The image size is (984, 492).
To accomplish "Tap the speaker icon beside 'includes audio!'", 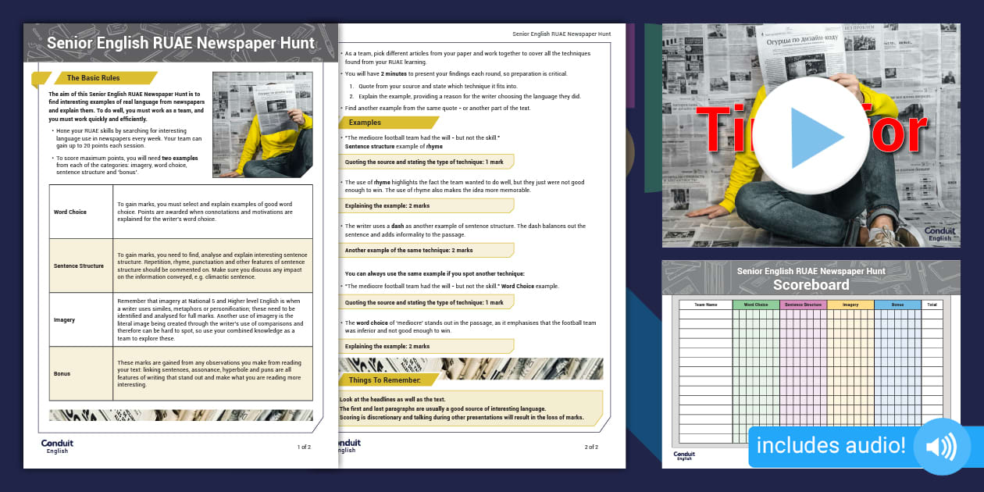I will (941, 447).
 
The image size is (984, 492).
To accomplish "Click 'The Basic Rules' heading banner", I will (93, 78).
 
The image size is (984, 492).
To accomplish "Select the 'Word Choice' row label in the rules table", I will (70, 212).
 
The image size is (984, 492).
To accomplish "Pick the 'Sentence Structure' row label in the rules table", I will (78, 266).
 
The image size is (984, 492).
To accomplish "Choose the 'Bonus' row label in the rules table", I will (62, 373).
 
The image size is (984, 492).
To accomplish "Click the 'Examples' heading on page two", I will (365, 123).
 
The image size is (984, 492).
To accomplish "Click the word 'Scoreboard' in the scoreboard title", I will (811, 285).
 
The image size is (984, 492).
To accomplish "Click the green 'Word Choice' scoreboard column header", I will (755, 305).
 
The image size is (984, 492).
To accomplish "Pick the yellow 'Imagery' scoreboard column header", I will (850, 305).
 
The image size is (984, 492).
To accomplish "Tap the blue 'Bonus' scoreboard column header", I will (897, 305).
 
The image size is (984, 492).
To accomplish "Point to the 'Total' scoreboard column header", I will (932, 305).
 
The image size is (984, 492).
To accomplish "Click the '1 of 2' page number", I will (304, 447).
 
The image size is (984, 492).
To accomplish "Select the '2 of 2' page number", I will (591, 447).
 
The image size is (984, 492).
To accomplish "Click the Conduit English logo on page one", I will (57, 447).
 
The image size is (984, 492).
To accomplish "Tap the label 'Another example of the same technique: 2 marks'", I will (408, 250).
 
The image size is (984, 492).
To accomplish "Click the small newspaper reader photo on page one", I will (262, 125).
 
